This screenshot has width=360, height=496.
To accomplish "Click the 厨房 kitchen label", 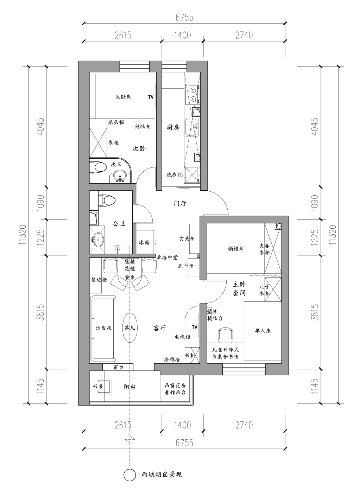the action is (x=173, y=127).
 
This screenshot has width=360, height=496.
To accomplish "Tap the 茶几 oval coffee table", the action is (x=130, y=328).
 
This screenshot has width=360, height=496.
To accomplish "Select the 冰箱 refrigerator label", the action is (x=144, y=242).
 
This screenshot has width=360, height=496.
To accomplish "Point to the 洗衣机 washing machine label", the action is (x=175, y=175).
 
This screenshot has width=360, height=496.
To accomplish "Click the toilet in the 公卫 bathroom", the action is (x=107, y=201).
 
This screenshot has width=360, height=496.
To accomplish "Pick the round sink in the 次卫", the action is (x=120, y=177).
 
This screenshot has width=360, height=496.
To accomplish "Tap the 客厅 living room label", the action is (x=159, y=328).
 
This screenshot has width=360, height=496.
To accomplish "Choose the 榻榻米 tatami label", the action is (x=236, y=249).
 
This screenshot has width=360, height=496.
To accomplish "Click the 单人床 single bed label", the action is (x=263, y=331).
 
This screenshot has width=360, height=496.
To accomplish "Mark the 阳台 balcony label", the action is (x=130, y=387).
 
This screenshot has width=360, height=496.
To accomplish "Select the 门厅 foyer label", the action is (x=180, y=203).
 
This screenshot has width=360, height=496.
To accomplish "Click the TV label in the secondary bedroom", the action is (x=151, y=97).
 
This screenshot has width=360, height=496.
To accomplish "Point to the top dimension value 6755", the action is (x=184, y=17).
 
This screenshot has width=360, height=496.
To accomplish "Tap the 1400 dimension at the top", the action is (x=182, y=35).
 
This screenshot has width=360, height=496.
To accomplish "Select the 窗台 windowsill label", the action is (x=118, y=367).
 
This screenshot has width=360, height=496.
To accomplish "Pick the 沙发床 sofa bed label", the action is (x=103, y=328).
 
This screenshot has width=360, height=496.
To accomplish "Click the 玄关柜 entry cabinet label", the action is (x=187, y=239).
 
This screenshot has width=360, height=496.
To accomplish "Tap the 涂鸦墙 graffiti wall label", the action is (x=172, y=360).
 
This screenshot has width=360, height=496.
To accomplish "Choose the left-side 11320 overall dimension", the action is (x=23, y=235).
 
